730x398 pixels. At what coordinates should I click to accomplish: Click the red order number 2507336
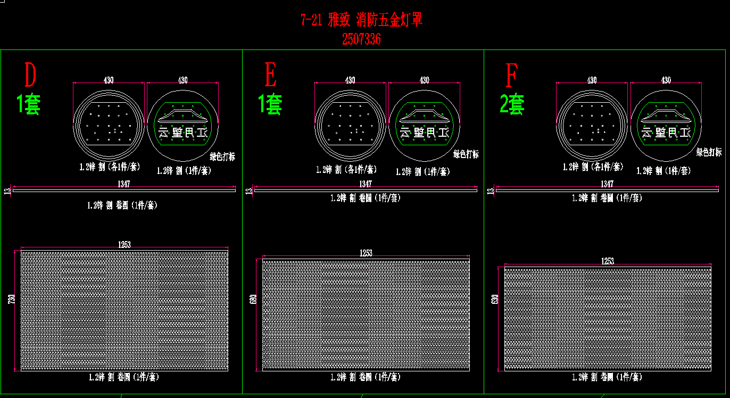click(x=361, y=39)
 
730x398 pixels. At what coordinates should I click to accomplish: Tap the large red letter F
click(x=511, y=76)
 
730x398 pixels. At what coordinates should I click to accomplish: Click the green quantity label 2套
click(x=512, y=104)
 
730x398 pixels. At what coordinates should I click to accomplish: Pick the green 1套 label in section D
click(x=29, y=104)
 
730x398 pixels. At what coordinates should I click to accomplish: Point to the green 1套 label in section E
click(x=270, y=104)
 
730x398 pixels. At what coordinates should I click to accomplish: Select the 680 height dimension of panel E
click(x=253, y=301)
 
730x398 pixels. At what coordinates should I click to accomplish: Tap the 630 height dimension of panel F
click(x=495, y=302)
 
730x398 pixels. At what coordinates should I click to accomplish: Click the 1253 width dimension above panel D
click(x=125, y=245)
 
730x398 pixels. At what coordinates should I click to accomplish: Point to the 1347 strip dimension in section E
click(x=366, y=184)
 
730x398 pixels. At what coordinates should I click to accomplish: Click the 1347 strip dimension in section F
click(x=607, y=184)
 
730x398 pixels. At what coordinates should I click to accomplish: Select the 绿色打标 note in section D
click(x=222, y=156)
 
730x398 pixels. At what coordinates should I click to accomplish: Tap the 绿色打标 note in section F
click(x=709, y=152)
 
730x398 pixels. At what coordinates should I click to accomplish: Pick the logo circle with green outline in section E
click(x=425, y=126)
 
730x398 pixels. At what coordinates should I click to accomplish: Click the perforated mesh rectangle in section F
click(x=608, y=319)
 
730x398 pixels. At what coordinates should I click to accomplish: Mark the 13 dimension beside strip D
click(x=6, y=191)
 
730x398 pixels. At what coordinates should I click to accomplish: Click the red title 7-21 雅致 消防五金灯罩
click(x=361, y=20)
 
